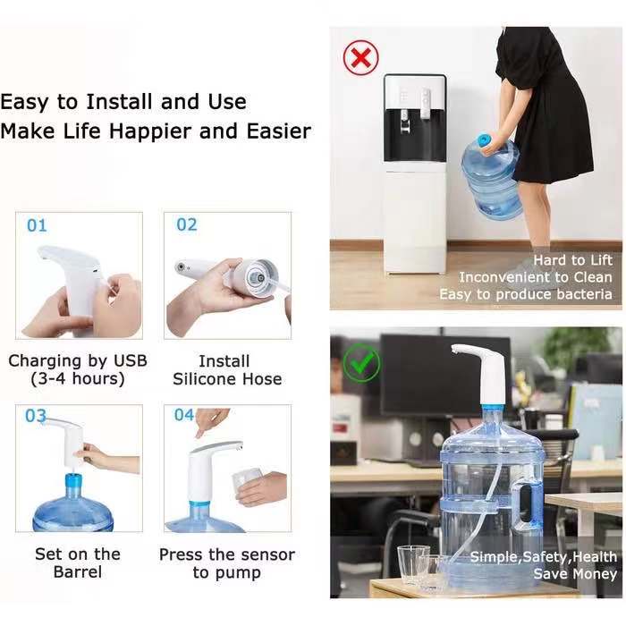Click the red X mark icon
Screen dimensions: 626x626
point(361,58)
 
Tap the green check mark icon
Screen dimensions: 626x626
point(361,362)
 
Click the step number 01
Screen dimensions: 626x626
point(38,225)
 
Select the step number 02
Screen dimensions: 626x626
point(187,224)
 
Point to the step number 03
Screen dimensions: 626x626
point(36,416)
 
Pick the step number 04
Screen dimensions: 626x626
point(184,415)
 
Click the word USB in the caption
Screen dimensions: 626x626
point(131,361)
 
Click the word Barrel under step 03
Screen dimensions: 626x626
point(78,572)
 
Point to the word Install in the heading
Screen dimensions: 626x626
point(120,101)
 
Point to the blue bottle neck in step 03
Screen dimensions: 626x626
point(72,486)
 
